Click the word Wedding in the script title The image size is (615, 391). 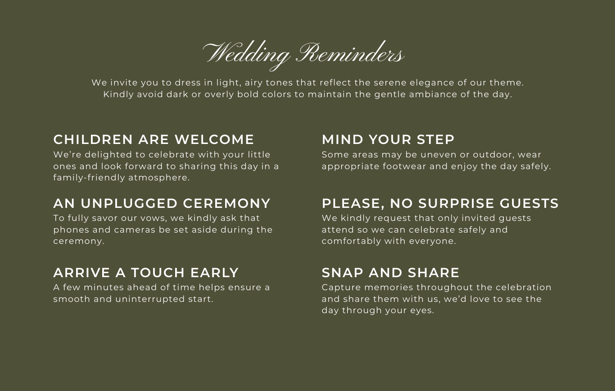(x=246, y=55)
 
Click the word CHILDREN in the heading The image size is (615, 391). (x=93, y=139)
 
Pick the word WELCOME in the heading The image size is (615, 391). (x=214, y=139)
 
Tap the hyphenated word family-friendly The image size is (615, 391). (x=89, y=178)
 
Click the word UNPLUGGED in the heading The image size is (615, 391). (x=129, y=203)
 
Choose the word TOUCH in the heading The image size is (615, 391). (x=158, y=273)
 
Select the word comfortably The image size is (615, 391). (x=350, y=241)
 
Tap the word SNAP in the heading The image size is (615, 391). (x=343, y=273)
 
